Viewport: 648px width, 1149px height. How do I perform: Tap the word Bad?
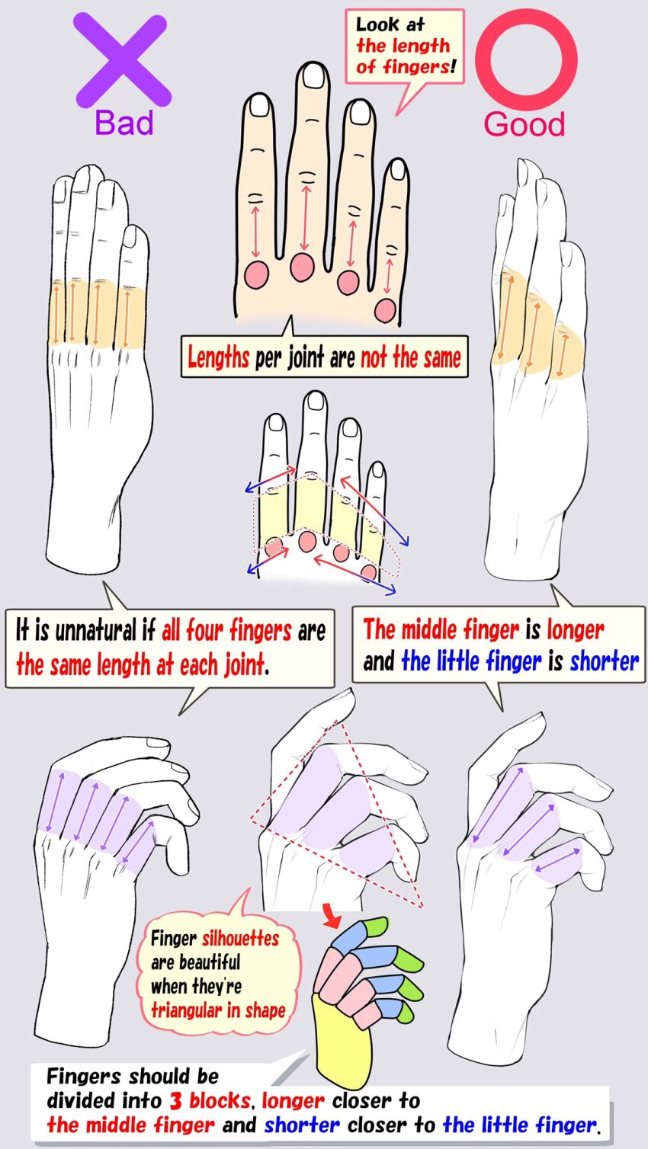pyautogui.click(x=124, y=123)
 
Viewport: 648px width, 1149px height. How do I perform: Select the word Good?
pyautogui.click(x=524, y=124)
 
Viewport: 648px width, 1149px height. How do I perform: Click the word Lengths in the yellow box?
pyautogui.click(x=218, y=357)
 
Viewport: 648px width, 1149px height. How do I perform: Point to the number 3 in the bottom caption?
pyautogui.click(x=175, y=1100)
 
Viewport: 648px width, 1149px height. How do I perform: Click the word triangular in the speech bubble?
pyautogui.click(x=184, y=1010)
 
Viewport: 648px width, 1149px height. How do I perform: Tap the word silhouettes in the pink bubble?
pyautogui.click(x=241, y=939)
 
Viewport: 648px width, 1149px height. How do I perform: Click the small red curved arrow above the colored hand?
pyautogui.click(x=332, y=915)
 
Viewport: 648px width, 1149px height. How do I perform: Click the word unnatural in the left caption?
pyautogui.click(x=97, y=630)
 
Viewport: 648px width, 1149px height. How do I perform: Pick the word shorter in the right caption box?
pyautogui.click(x=605, y=661)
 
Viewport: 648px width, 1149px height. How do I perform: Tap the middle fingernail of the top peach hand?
pyautogui.click(x=313, y=76)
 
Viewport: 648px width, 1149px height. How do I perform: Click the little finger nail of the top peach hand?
pyautogui.click(x=398, y=169)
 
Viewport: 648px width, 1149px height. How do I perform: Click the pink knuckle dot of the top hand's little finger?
pyautogui.click(x=385, y=310)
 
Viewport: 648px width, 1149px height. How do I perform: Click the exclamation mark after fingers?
pyautogui.click(x=453, y=67)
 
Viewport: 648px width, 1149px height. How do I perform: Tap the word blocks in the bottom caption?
pyautogui.click(x=220, y=1100)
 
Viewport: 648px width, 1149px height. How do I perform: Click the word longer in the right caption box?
pyautogui.click(x=576, y=630)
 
